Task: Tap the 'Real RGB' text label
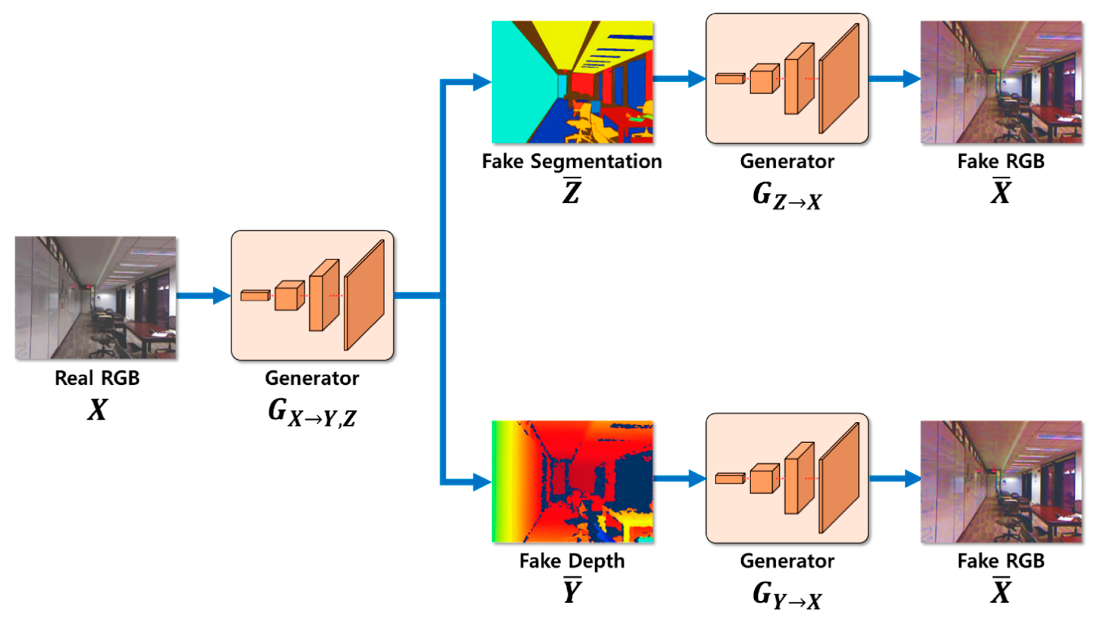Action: click(x=97, y=378)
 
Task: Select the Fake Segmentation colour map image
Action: click(x=572, y=82)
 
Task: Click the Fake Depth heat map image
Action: click(x=572, y=482)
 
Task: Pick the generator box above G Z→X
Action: click(x=787, y=78)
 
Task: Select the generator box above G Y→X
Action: click(x=787, y=478)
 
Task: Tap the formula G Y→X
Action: click(x=787, y=595)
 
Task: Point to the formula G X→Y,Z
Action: click(x=312, y=413)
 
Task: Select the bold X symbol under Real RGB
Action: click(x=97, y=410)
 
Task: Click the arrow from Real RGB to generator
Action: click(x=204, y=295)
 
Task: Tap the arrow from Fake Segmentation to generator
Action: click(x=679, y=78)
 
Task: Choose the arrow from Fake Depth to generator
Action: click(x=679, y=478)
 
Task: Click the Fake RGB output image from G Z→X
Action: click(x=1001, y=82)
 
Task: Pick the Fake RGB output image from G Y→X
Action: click(x=1001, y=482)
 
